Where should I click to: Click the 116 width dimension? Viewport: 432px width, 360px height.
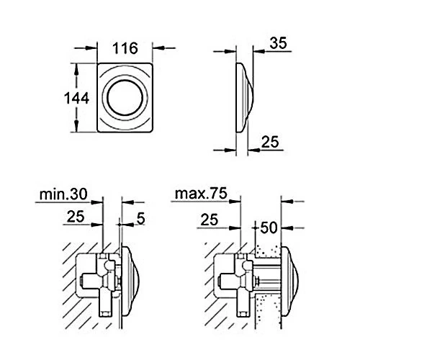[x=125, y=48]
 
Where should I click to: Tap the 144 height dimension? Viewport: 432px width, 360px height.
[x=76, y=99]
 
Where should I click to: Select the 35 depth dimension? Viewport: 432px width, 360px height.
[x=278, y=43]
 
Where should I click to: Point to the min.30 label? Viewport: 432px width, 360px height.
[x=63, y=194]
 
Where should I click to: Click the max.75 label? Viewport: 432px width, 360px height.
[x=201, y=194]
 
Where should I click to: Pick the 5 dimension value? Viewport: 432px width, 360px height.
[x=141, y=218]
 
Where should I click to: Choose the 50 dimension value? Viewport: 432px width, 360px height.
[x=269, y=228]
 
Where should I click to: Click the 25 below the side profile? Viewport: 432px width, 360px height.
[x=270, y=142]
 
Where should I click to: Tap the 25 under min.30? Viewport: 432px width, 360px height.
[x=76, y=217]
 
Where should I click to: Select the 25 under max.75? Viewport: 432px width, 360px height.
[x=210, y=220]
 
